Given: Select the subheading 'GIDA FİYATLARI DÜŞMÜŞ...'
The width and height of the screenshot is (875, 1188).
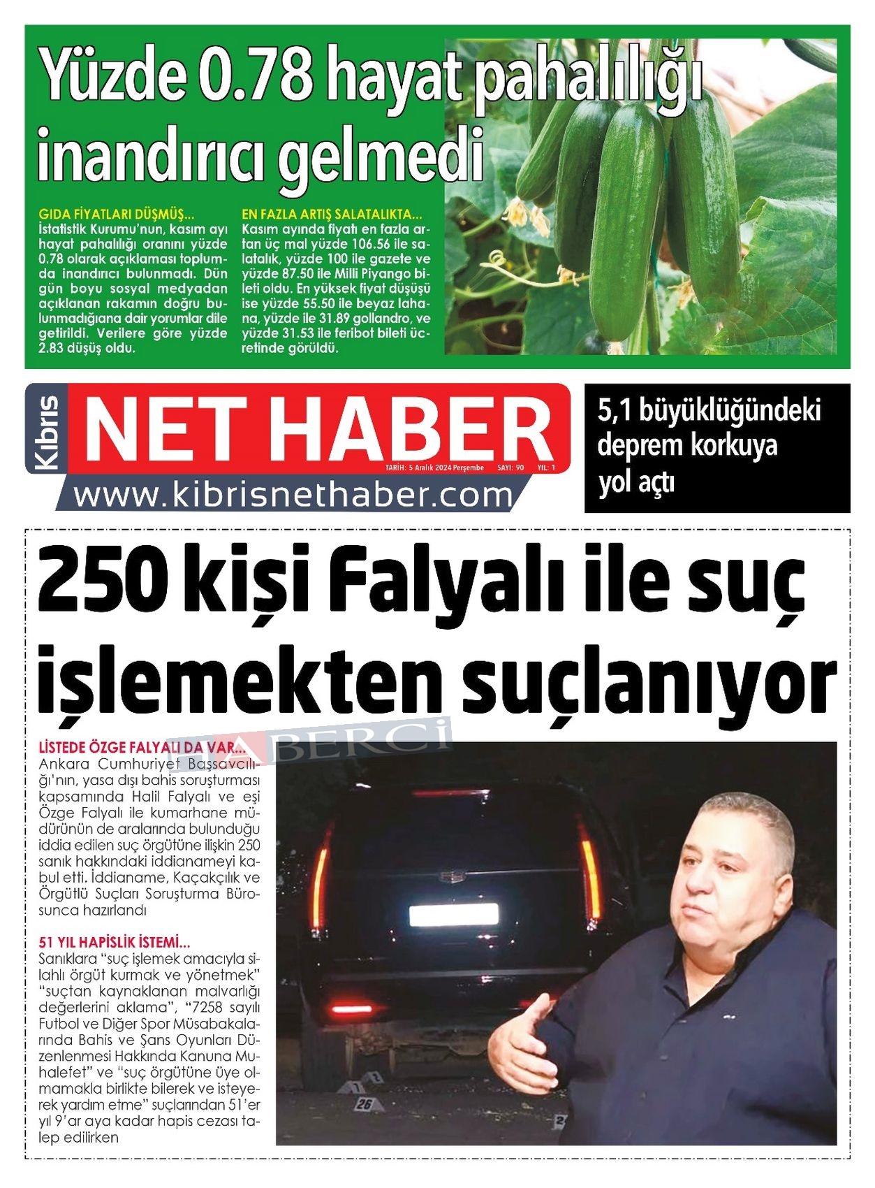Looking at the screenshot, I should click(x=116, y=214).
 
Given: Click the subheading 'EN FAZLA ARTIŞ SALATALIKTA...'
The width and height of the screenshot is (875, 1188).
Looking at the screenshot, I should click(x=332, y=214).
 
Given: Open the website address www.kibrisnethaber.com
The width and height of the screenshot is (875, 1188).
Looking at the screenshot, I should click(x=293, y=495).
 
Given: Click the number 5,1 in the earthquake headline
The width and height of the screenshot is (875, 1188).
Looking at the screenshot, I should click(x=614, y=410).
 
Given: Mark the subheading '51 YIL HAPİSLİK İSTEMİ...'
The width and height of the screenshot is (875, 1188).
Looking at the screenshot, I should click(x=115, y=942).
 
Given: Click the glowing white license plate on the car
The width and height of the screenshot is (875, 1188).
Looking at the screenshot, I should click(x=453, y=913).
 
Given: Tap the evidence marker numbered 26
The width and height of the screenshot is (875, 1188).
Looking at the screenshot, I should click(x=364, y=1104).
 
